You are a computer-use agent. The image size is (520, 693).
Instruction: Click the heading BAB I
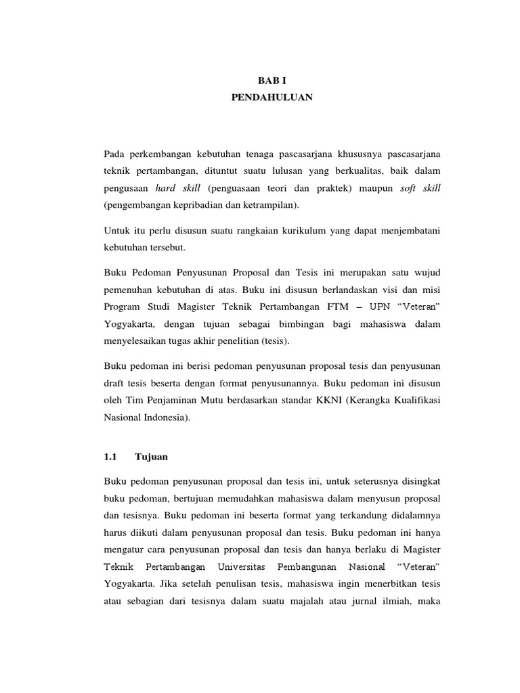(x=272, y=80)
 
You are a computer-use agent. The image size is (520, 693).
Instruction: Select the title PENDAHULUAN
(x=272, y=97)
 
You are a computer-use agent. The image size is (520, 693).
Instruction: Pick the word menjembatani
(x=407, y=231)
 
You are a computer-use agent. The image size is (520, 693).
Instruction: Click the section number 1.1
(x=111, y=457)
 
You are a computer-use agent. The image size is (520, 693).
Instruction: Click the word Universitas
(x=241, y=566)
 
